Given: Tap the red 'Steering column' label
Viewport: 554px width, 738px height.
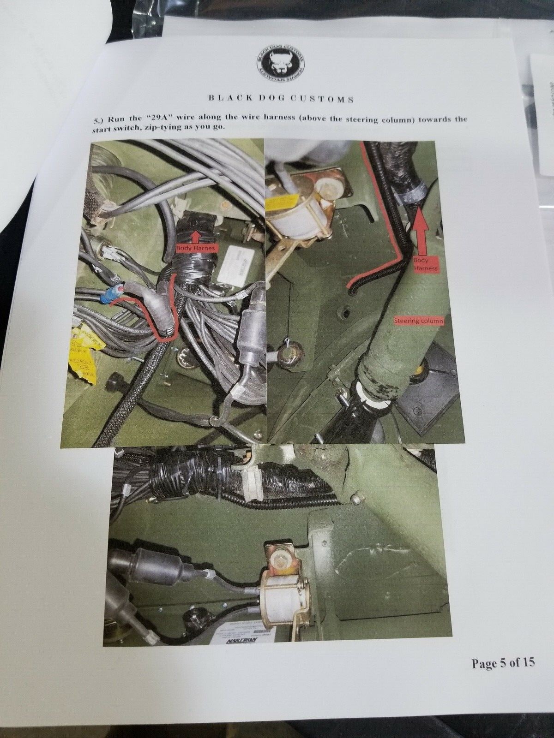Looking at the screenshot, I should coord(418,321).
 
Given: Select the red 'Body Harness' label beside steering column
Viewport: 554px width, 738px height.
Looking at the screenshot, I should coord(425,263).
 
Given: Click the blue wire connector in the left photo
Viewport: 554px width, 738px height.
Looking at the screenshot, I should coord(114,292).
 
